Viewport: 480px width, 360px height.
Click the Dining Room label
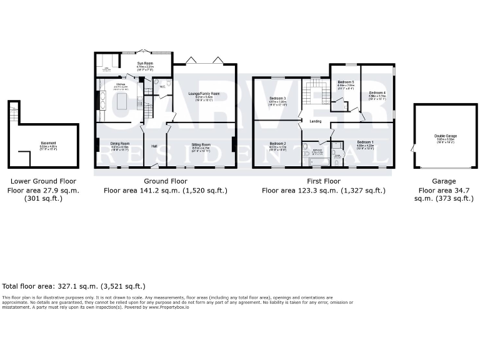(119, 144)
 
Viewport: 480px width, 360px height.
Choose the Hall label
(154, 146)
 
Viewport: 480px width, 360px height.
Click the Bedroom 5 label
(346, 82)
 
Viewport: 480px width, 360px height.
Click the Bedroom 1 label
(365, 142)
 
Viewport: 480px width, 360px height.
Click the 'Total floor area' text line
(74, 285)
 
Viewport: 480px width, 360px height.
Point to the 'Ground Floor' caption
(165, 182)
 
